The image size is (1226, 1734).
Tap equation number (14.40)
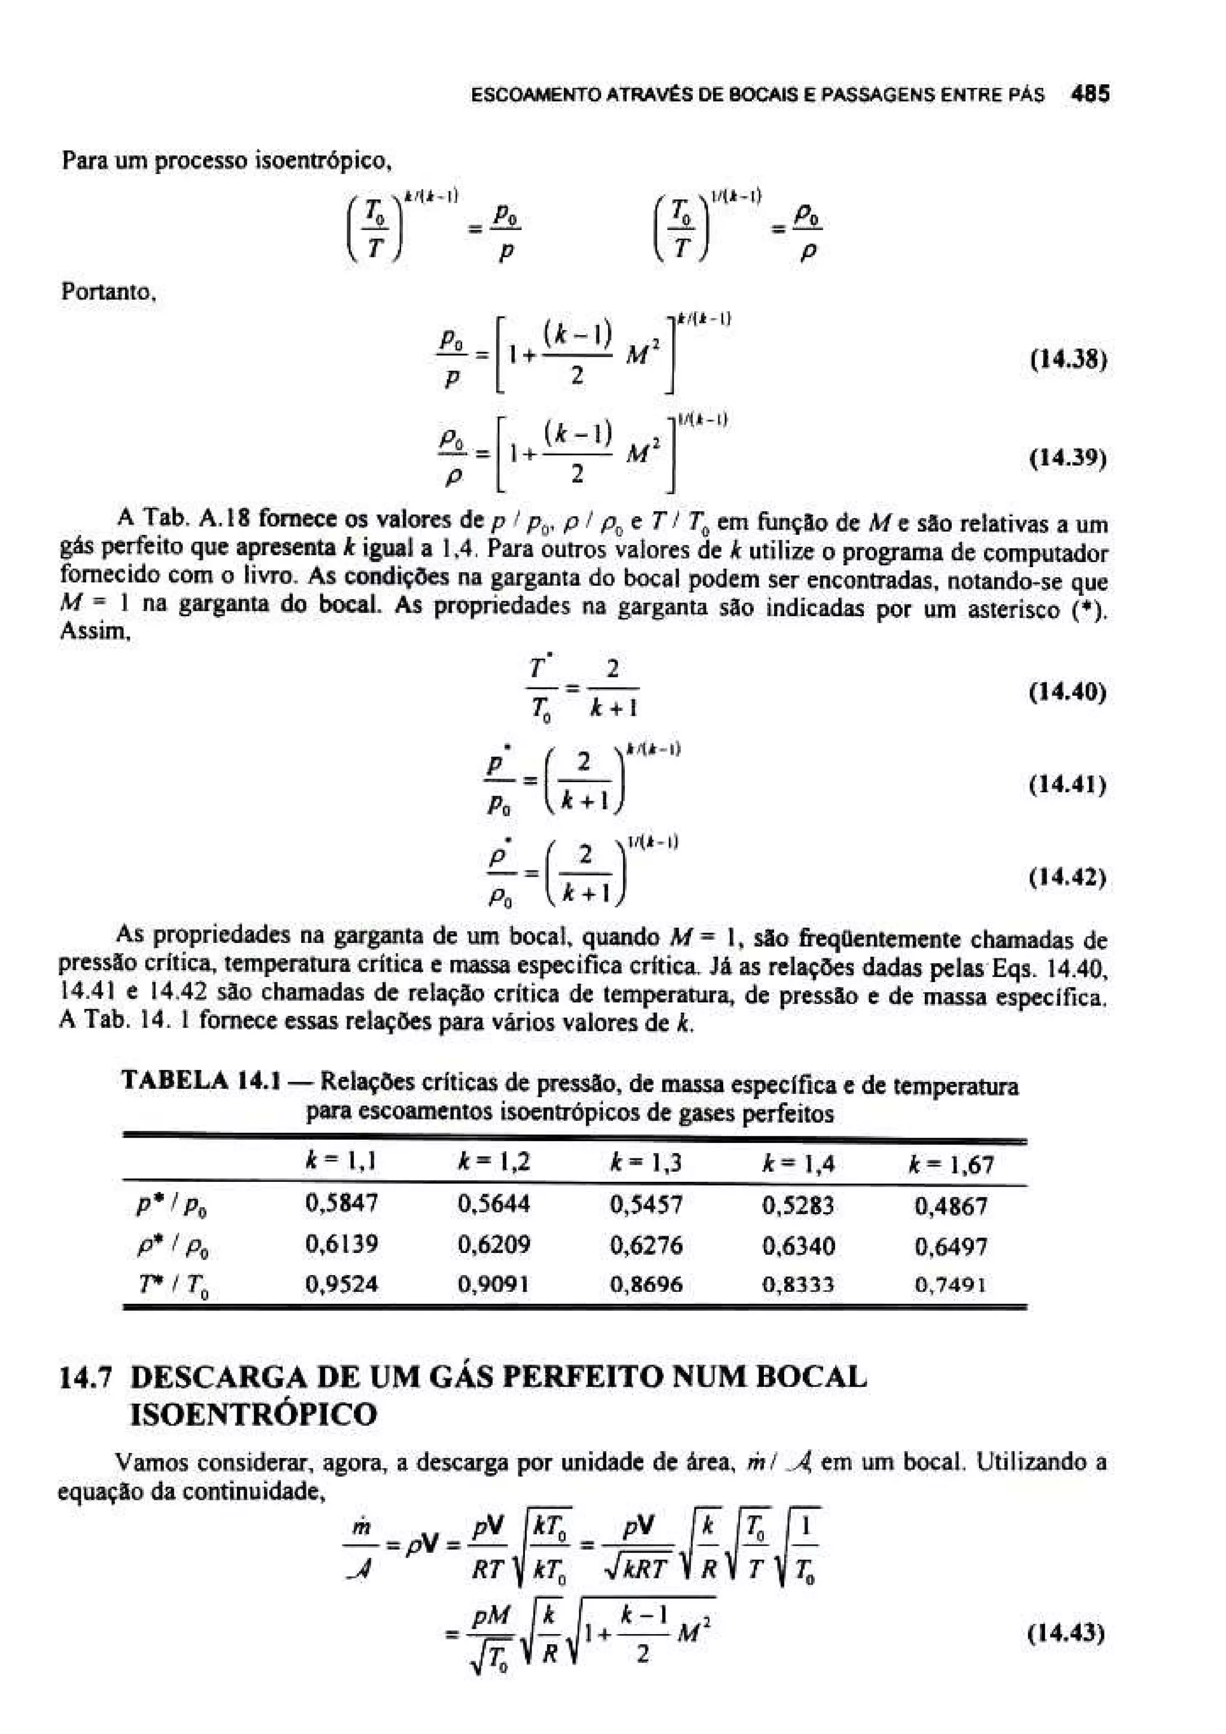(x=1068, y=692)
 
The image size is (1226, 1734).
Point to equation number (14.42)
(x=1068, y=878)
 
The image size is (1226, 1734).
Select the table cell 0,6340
(x=799, y=1245)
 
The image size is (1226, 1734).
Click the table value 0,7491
(x=950, y=1285)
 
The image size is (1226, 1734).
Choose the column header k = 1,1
(x=341, y=1163)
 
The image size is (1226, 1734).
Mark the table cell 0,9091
(x=494, y=1285)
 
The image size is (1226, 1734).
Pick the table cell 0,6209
(x=494, y=1245)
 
